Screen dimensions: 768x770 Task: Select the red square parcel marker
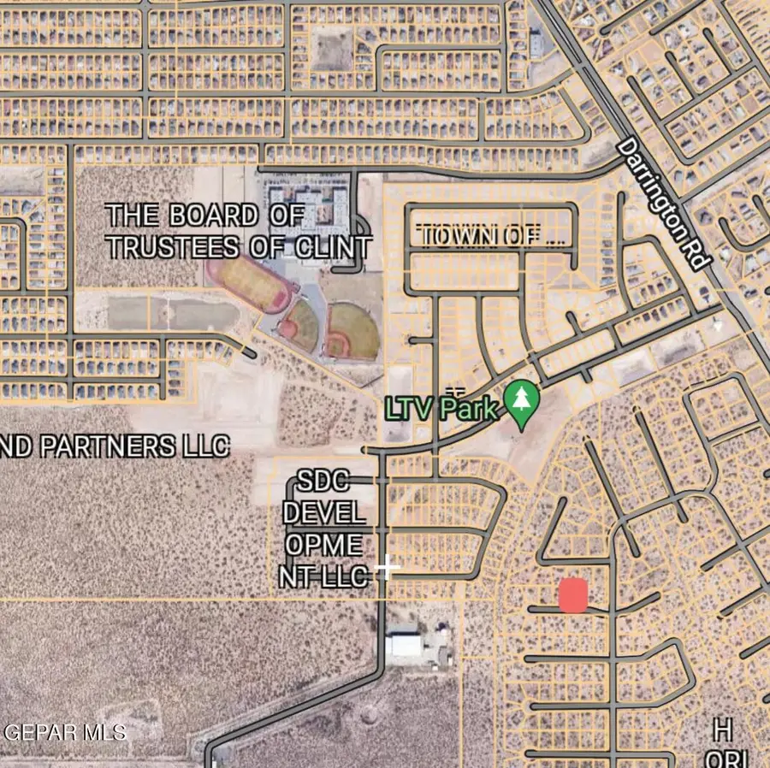point(572,595)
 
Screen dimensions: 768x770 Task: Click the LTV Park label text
point(441,408)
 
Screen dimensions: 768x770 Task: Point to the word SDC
point(323,481)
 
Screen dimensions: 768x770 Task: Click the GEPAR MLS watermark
point(65,732)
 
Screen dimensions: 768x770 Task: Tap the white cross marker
point(388,566)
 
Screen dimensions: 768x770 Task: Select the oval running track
point(247,285)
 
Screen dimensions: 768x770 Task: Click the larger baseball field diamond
point(351,331)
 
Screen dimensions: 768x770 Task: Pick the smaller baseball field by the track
point(300,324)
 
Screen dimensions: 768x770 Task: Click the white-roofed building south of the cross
point(404,645)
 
